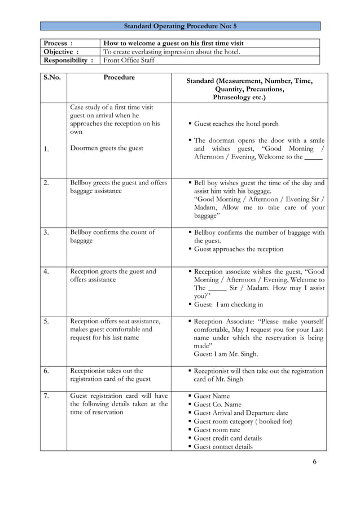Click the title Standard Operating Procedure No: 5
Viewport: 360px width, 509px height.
[x=180, y=26]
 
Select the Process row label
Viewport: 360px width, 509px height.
[x=59, y=43]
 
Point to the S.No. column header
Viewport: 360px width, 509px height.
[x=52, y=78]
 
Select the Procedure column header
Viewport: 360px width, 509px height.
[x=119, y=77]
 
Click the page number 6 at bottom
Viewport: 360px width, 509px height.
[x=314, y=462]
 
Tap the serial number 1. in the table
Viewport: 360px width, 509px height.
[x=47, y=149]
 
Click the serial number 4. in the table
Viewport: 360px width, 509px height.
[x=47, y=271]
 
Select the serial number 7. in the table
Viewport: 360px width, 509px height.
[x=47, y=396]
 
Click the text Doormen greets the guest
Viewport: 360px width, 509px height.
[x=107, y=148]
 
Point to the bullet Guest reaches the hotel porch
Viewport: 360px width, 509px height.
[x=236, y=124]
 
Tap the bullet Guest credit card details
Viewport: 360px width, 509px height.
[x=227, y=438]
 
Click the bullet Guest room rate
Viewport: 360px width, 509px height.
[x=218, y=429]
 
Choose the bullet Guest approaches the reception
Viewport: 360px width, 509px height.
[x=239, y=249]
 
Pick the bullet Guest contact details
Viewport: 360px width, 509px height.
[x=223, y=446]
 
